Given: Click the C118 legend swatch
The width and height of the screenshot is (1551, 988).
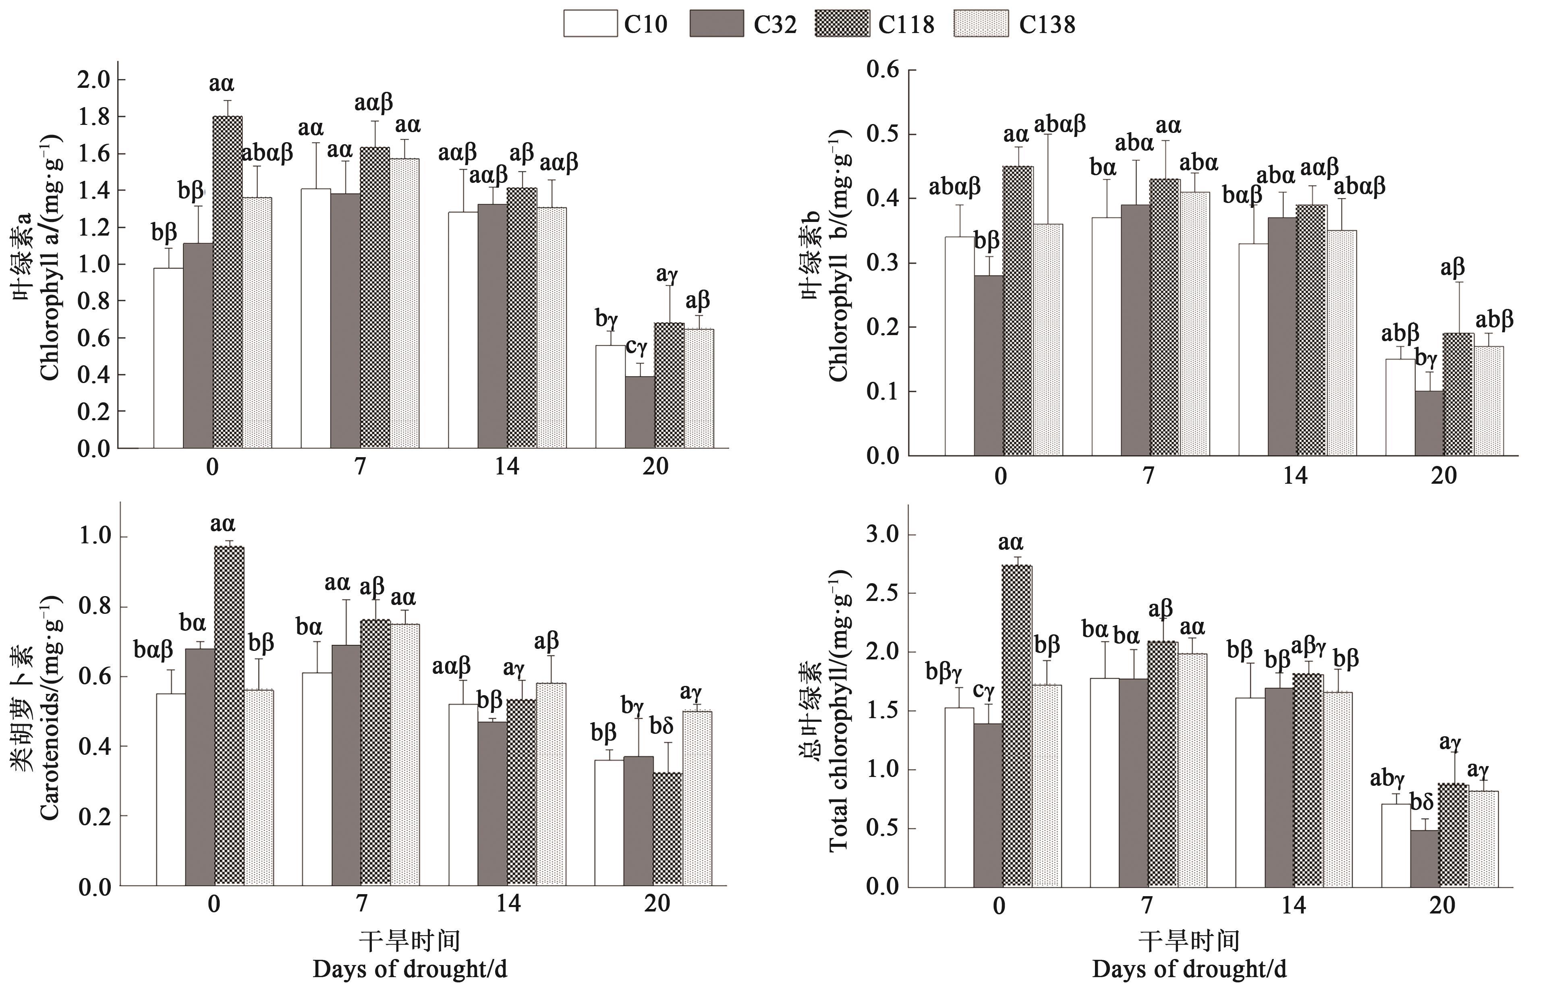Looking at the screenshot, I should [842, 24].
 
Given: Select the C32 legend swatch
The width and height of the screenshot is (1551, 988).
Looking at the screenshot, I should [716, 24].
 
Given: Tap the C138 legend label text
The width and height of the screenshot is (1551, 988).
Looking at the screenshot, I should [1047, 25].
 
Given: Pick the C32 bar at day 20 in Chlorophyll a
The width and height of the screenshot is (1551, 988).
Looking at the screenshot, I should [640, 412].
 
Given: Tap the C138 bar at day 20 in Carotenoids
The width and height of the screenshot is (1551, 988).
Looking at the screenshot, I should [697, 799].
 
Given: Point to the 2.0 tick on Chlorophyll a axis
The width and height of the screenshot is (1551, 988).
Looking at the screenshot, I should [94, 80].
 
